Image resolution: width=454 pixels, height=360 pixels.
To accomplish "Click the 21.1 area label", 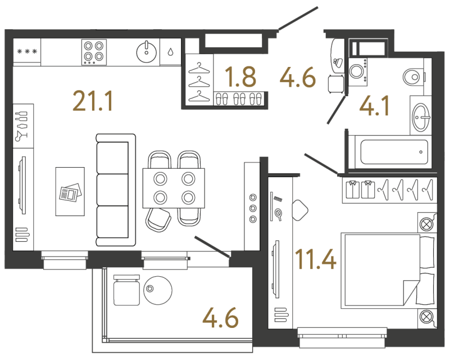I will click(93, 101).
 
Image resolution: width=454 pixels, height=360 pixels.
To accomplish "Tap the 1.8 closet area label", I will click(240, 76).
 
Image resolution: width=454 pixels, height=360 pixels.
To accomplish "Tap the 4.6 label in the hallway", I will click(296, 76).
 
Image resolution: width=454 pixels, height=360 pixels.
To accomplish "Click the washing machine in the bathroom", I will click(358, 71).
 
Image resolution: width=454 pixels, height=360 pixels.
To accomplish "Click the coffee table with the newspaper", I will click(70, 191).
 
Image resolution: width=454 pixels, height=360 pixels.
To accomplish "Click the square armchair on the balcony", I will click(126, 290).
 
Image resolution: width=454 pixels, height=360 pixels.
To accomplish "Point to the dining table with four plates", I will click(174, 188).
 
